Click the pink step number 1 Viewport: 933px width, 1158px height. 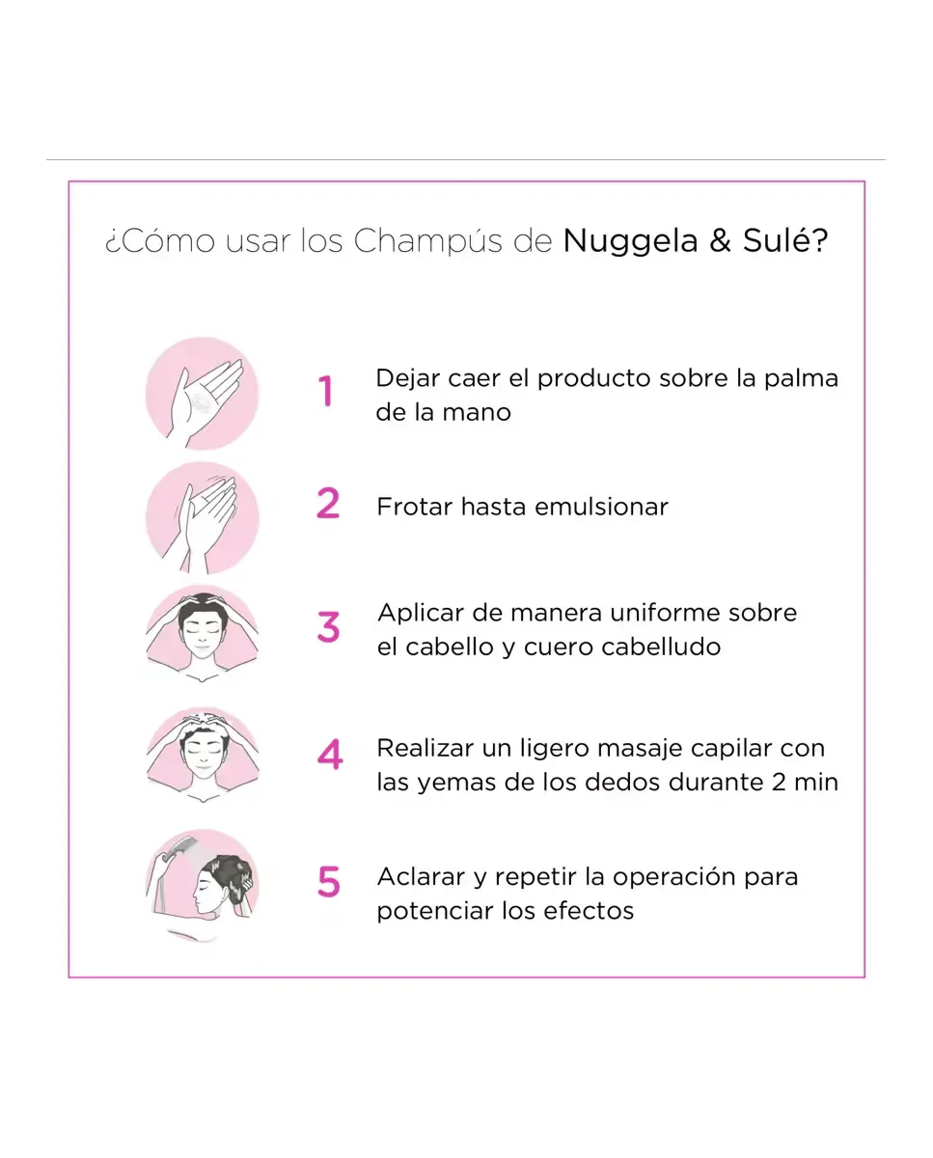tap(325, 391)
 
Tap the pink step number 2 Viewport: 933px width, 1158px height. tap(328, 503)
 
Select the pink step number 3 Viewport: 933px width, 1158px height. tap(328, 627)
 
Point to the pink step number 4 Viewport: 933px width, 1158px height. tap(330, 754)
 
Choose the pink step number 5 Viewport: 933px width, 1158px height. tap(329, 882)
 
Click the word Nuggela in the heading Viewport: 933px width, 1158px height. tap(630, 241)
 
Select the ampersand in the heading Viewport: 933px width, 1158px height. tap(720, 240)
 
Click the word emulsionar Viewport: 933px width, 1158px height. tap(601, 507)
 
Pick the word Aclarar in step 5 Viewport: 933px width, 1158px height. tap(421, 877)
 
